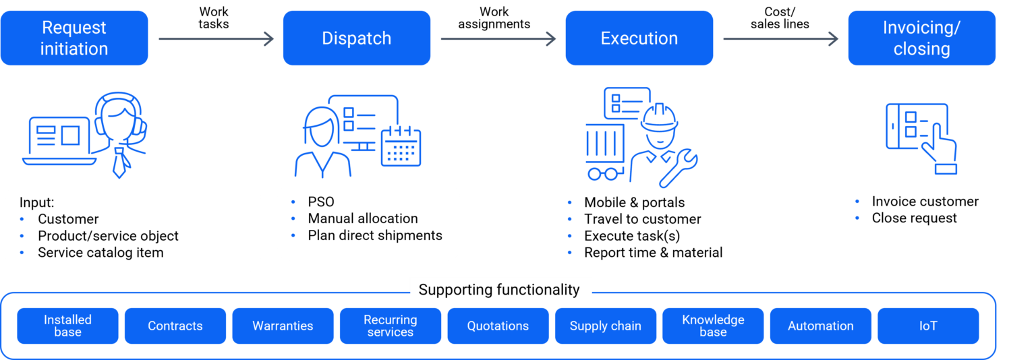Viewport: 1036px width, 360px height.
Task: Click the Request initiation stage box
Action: pos(74,38)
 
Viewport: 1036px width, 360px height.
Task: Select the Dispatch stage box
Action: pos(356,38)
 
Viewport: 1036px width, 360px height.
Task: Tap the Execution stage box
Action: pos(639,38)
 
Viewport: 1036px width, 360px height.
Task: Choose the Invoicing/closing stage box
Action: pos(921,38)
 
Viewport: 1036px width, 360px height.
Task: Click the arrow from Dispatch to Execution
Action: pos(498,39)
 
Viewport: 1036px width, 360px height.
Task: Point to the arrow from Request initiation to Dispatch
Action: pos(216,39)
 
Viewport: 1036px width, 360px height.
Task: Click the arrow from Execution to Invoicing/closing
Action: pos(780,39)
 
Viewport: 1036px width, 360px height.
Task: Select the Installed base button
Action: pos(67,326)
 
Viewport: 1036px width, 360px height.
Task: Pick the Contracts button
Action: pos(175,326)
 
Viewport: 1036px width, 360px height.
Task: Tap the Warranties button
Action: pos(283,326)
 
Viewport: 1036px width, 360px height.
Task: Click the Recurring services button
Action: pos(391,326)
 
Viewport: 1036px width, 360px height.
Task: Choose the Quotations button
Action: pos(498,326)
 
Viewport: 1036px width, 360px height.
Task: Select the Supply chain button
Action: pos(606,326)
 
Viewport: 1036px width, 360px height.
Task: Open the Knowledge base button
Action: pos(713,326)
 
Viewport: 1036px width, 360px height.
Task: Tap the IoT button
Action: pos(928,326)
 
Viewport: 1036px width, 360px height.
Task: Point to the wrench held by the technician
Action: pos(679,168)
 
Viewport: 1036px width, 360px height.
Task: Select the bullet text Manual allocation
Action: pos(363,219)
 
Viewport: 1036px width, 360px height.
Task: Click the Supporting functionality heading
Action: pos(499,290)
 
